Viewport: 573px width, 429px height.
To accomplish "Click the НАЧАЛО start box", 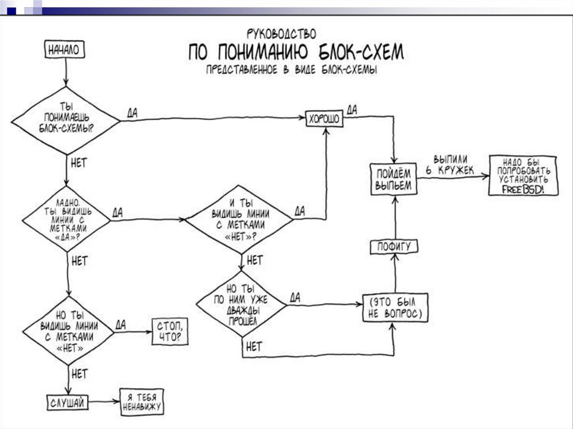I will (65, 50).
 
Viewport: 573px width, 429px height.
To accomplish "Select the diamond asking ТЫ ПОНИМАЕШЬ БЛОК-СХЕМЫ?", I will (66, 120).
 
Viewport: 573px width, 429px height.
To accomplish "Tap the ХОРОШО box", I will (325, 119).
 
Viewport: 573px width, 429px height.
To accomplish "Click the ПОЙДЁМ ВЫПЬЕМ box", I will (393, 179).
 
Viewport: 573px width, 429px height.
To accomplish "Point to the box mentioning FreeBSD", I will (523, 175).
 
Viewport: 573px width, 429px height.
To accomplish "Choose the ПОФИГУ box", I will (394, 246).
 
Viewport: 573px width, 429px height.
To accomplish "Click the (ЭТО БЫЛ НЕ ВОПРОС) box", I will (395, 308).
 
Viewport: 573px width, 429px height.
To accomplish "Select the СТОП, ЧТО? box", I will (170, 332).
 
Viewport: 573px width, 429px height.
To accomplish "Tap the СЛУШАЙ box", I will (67, 401).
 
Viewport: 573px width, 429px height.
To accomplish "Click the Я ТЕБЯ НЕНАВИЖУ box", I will (142, 401).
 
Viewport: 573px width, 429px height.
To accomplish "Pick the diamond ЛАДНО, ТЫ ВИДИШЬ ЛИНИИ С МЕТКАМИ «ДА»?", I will (66, 220).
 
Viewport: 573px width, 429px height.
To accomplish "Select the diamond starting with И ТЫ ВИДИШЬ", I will (239, 220).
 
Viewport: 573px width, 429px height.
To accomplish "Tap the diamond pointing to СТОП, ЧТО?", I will (68, 332).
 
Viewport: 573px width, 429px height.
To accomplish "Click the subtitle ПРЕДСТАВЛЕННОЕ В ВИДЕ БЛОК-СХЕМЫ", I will (291, 70).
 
